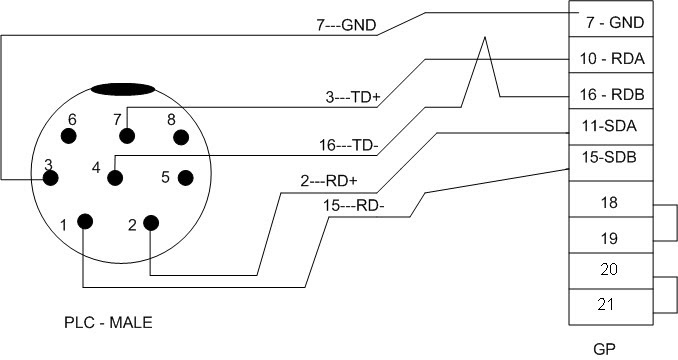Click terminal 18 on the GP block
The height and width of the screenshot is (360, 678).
[x=607, y=203]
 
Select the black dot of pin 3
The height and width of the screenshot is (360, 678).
[x=48, y=179]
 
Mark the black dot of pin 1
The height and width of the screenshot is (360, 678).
[x=85, y=221]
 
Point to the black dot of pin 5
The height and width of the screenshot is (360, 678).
[x=184, y=178]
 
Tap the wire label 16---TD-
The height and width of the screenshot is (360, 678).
[x=349, y=145]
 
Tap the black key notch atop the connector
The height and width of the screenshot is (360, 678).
[x=125, y=89]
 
